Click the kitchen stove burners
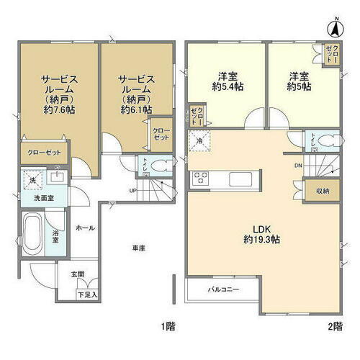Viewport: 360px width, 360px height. click(x=199, y=179)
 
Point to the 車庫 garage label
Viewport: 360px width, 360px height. click(x=138, y=248)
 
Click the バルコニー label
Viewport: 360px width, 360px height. click(x=224, y=289)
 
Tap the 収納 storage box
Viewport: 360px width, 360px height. click(x=322, y=191)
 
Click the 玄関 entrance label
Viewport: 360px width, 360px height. click(x=78, y=274)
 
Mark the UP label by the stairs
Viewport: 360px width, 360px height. click(x=132, y=191)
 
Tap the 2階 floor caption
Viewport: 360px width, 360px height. click(x=335, y=326)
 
